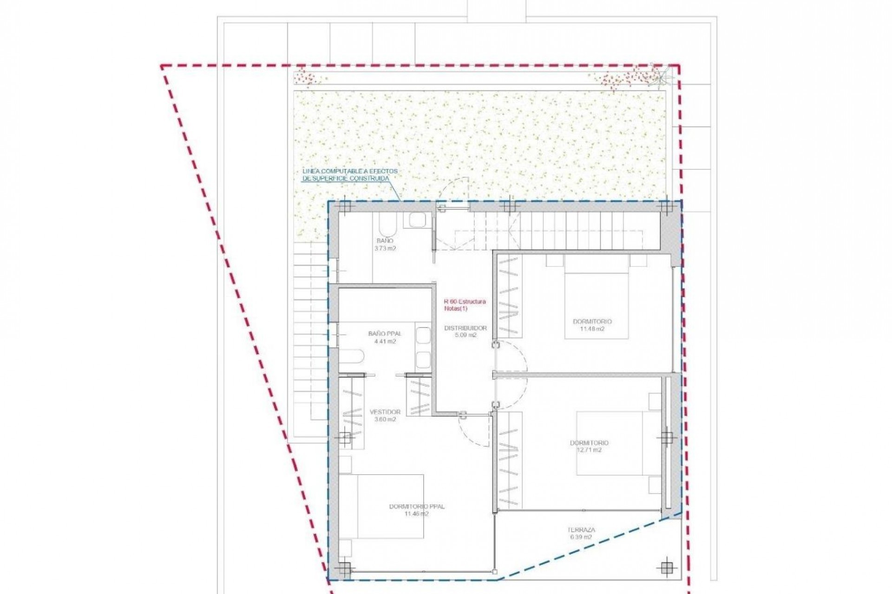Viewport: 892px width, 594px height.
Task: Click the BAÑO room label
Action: [x=385, y=241]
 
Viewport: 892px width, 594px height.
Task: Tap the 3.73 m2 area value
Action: [x=385, y=248]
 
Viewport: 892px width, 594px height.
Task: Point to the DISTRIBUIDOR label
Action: [x=465, y=328]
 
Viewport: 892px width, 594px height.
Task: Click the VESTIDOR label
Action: [x=385, y=412]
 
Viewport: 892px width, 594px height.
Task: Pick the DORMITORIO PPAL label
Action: [x=416, y=506]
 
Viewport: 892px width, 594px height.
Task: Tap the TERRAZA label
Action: [x=581, y=529]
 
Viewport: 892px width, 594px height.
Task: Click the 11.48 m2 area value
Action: [x=592, y=329]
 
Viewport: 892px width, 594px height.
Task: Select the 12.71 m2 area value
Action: [x=589, y=450]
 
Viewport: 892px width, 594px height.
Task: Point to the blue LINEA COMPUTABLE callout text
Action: [x=349, y=174]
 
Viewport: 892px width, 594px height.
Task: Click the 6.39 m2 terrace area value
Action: [x=581, y=537]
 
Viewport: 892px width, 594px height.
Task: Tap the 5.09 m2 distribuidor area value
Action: [x=465, y=335]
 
